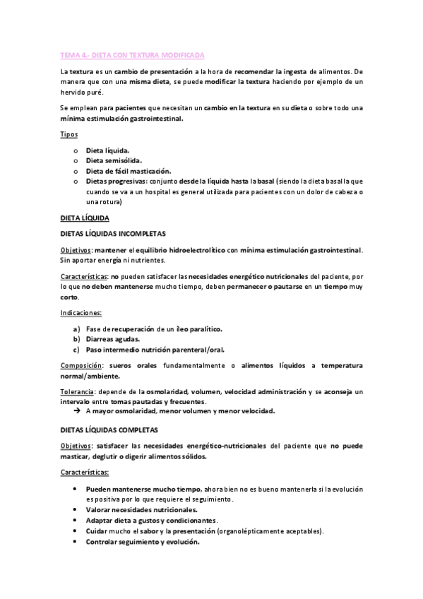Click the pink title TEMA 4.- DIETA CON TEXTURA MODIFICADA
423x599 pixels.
132,54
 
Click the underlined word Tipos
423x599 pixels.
68,134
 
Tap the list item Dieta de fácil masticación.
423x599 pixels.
129,171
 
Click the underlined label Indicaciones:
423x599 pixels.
81,312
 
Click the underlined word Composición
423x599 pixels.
81,366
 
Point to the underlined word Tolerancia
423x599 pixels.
77,391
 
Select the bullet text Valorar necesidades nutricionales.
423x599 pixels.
142,509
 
